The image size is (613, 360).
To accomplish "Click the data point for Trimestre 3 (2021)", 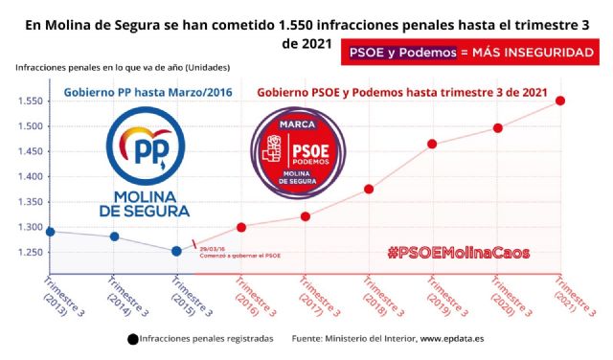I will (560, 101).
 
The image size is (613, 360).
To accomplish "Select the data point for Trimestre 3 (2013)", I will (50, 231).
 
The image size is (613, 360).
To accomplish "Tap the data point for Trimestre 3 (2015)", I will (176, 251).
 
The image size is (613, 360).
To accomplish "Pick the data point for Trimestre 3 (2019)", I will (432, 144).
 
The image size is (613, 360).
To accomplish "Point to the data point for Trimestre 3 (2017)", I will (306, 216).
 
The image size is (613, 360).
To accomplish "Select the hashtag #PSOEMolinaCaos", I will (461, 254).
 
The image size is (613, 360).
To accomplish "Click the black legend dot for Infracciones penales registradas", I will (131, 338).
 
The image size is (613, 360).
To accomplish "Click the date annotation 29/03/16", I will (214, 248).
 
